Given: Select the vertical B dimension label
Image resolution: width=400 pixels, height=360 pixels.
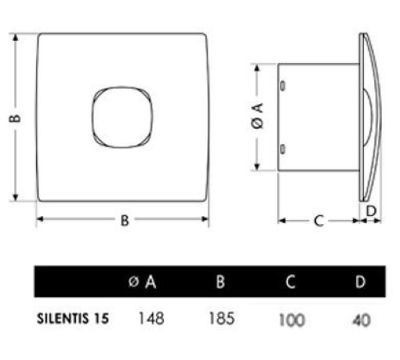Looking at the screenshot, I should click(15, 118).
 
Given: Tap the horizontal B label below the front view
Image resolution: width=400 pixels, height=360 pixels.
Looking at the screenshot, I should click(125, 222).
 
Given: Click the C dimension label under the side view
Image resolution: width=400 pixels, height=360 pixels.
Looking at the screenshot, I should click(318, 222).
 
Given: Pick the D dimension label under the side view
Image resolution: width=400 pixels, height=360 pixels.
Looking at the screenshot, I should click(370, 210).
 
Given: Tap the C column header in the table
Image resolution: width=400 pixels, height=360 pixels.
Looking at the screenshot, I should click(293, 282).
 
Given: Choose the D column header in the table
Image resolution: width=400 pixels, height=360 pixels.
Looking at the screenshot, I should click(361, 282).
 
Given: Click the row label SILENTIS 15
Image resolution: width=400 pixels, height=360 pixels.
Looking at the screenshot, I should click(73, 318).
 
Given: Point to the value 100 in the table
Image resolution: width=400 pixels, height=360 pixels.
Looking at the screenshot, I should click(293, 319).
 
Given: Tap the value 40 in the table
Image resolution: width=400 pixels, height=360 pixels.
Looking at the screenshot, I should click(362, 319).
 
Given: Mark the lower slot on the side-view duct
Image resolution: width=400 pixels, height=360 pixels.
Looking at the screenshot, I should click(282, 146).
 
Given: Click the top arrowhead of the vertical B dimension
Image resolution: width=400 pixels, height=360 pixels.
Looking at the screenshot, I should click(16, 37).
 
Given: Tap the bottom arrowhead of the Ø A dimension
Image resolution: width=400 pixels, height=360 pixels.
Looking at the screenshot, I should click(258, 167).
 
